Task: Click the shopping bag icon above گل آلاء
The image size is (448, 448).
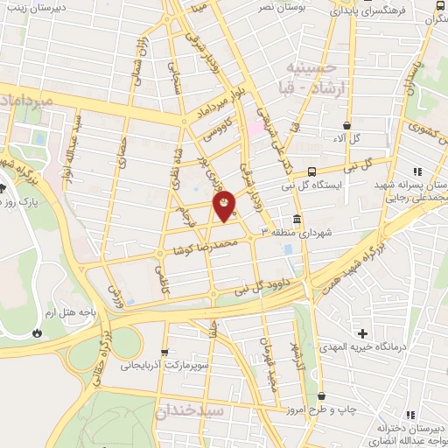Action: click(x=347, y=125)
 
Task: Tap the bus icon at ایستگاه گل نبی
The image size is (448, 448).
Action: click(x=312, y=171)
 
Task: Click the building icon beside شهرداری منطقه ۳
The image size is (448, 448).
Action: click(x=297, y=218)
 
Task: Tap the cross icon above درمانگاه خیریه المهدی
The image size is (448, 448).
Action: click(x=362, y=333)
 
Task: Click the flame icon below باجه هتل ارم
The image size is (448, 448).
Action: click(x=36, y=332)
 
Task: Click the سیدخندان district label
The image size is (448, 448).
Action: click(x=190, y=409)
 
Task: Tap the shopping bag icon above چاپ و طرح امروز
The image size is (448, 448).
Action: click(x=322, y=396)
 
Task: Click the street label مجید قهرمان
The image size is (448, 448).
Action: click(x=266, y=341)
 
